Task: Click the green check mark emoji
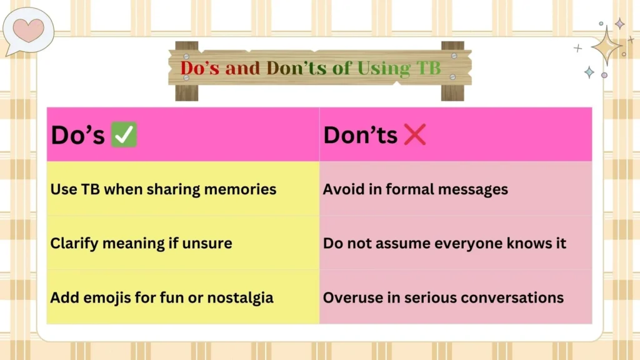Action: tap(124, 135)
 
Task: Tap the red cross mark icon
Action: tap(414, 135)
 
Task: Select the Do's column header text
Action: tap(77, 135)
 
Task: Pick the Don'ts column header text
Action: tap(360, 135)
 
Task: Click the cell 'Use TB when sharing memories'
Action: tap(163, 189)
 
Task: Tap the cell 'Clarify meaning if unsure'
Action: tap(141, 243)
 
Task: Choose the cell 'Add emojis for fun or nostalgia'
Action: tap(162, 297)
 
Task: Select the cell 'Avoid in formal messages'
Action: tap(416, 189)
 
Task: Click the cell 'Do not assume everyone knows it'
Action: tap(444, 243)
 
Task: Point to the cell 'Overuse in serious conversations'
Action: tap(443, 297)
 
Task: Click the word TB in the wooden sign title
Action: tap(429, 68)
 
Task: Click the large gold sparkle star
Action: tap(606, 46)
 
